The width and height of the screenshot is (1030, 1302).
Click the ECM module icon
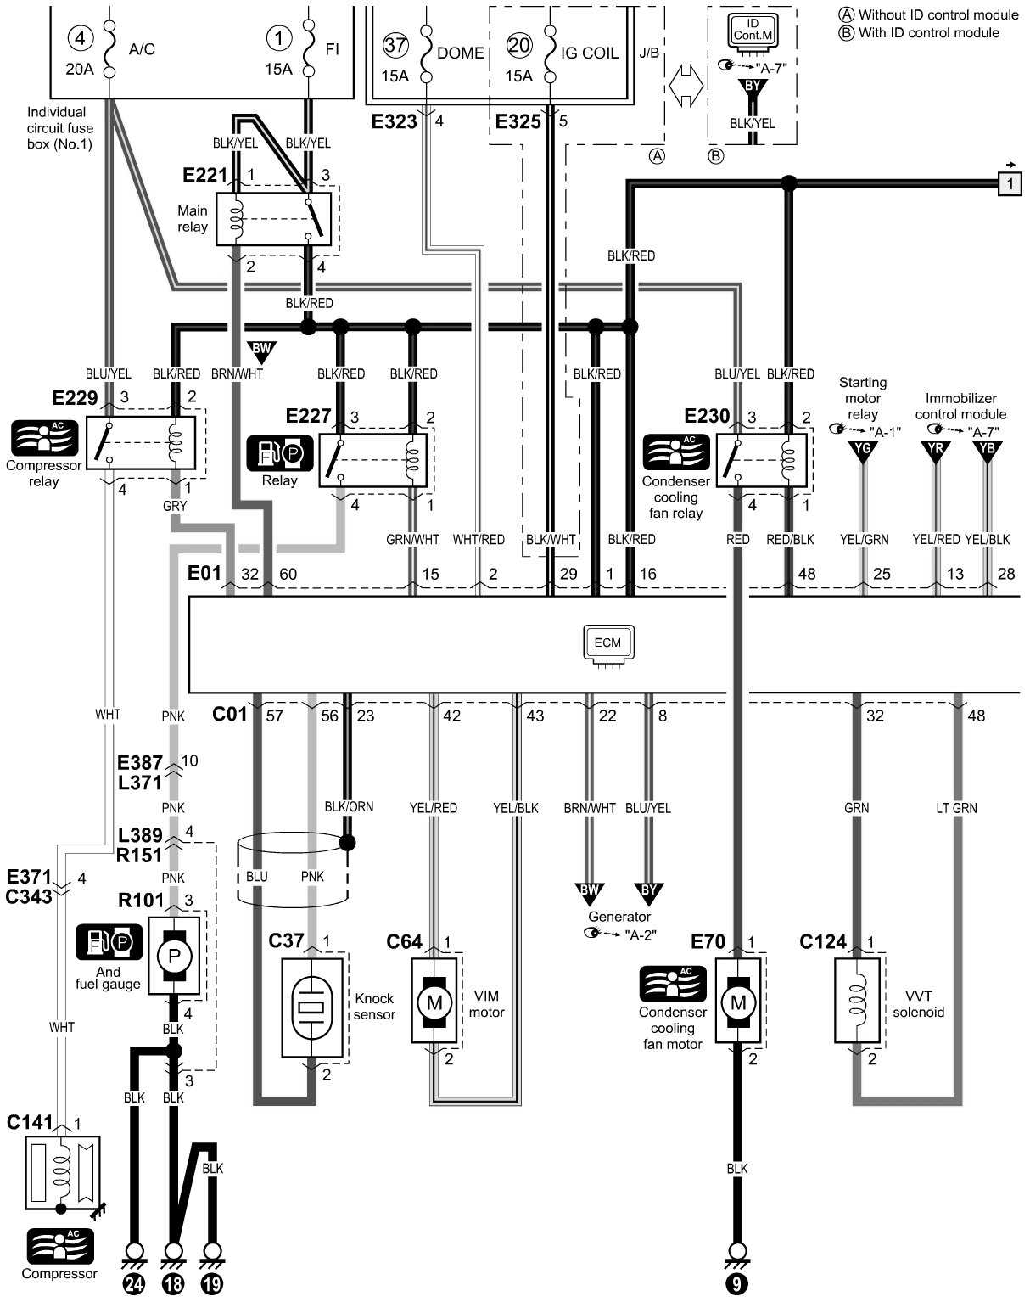tap(607, 644)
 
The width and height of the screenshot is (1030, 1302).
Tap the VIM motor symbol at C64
tap(434, 1002)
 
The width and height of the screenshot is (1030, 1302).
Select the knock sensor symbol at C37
tap(312, 1007)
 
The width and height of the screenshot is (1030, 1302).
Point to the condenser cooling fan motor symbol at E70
tap(737, 1002)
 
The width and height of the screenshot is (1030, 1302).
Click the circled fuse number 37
tap(395, 45)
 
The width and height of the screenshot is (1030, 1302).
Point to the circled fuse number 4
tap(79, 38)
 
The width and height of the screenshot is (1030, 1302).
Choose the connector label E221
tap(205, 177)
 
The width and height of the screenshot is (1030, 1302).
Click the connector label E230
tap(707, 416)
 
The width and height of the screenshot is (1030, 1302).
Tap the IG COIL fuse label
tap(590, 52)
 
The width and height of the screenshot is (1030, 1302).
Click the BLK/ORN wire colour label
tap(348, 807)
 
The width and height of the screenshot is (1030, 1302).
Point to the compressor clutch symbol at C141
tap(62, 1173)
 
